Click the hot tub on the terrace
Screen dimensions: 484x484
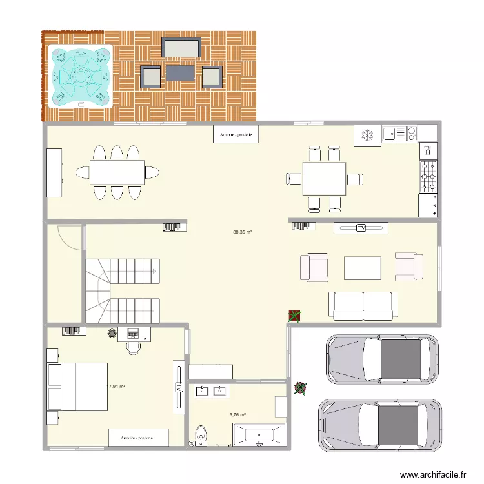click(x=81, y=76)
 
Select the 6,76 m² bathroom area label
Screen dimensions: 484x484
click(x=237, y=415)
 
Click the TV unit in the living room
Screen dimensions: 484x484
click(x=360, y=228)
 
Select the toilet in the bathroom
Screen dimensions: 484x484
click(x=201, y=434)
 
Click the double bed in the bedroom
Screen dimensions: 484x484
click(x=77, y=386)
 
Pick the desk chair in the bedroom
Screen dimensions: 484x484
click(x=134, y=347)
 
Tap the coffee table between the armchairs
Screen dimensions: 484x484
click(x=363, y=268)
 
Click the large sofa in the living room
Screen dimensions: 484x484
click(x=363, y=305)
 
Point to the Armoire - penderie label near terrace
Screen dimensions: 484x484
click(x=236, y=135)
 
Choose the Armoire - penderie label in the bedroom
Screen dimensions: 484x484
click(x=137, y=438)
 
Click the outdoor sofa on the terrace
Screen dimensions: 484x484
click(x=181, y=48)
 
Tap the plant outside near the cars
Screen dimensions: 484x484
click(x=300, y=388)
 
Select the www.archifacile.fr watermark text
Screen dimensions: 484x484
click(x=433, y=474)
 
